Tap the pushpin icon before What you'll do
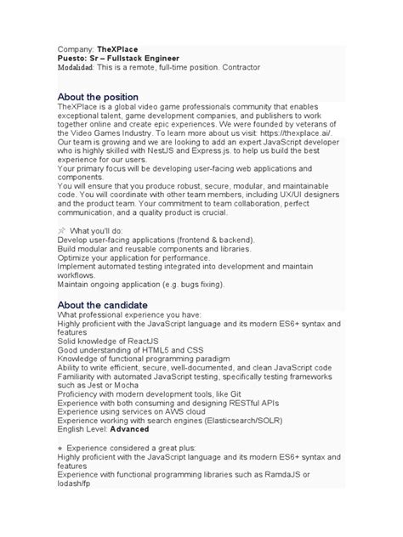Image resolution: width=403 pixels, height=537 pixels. tap(61, 231)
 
